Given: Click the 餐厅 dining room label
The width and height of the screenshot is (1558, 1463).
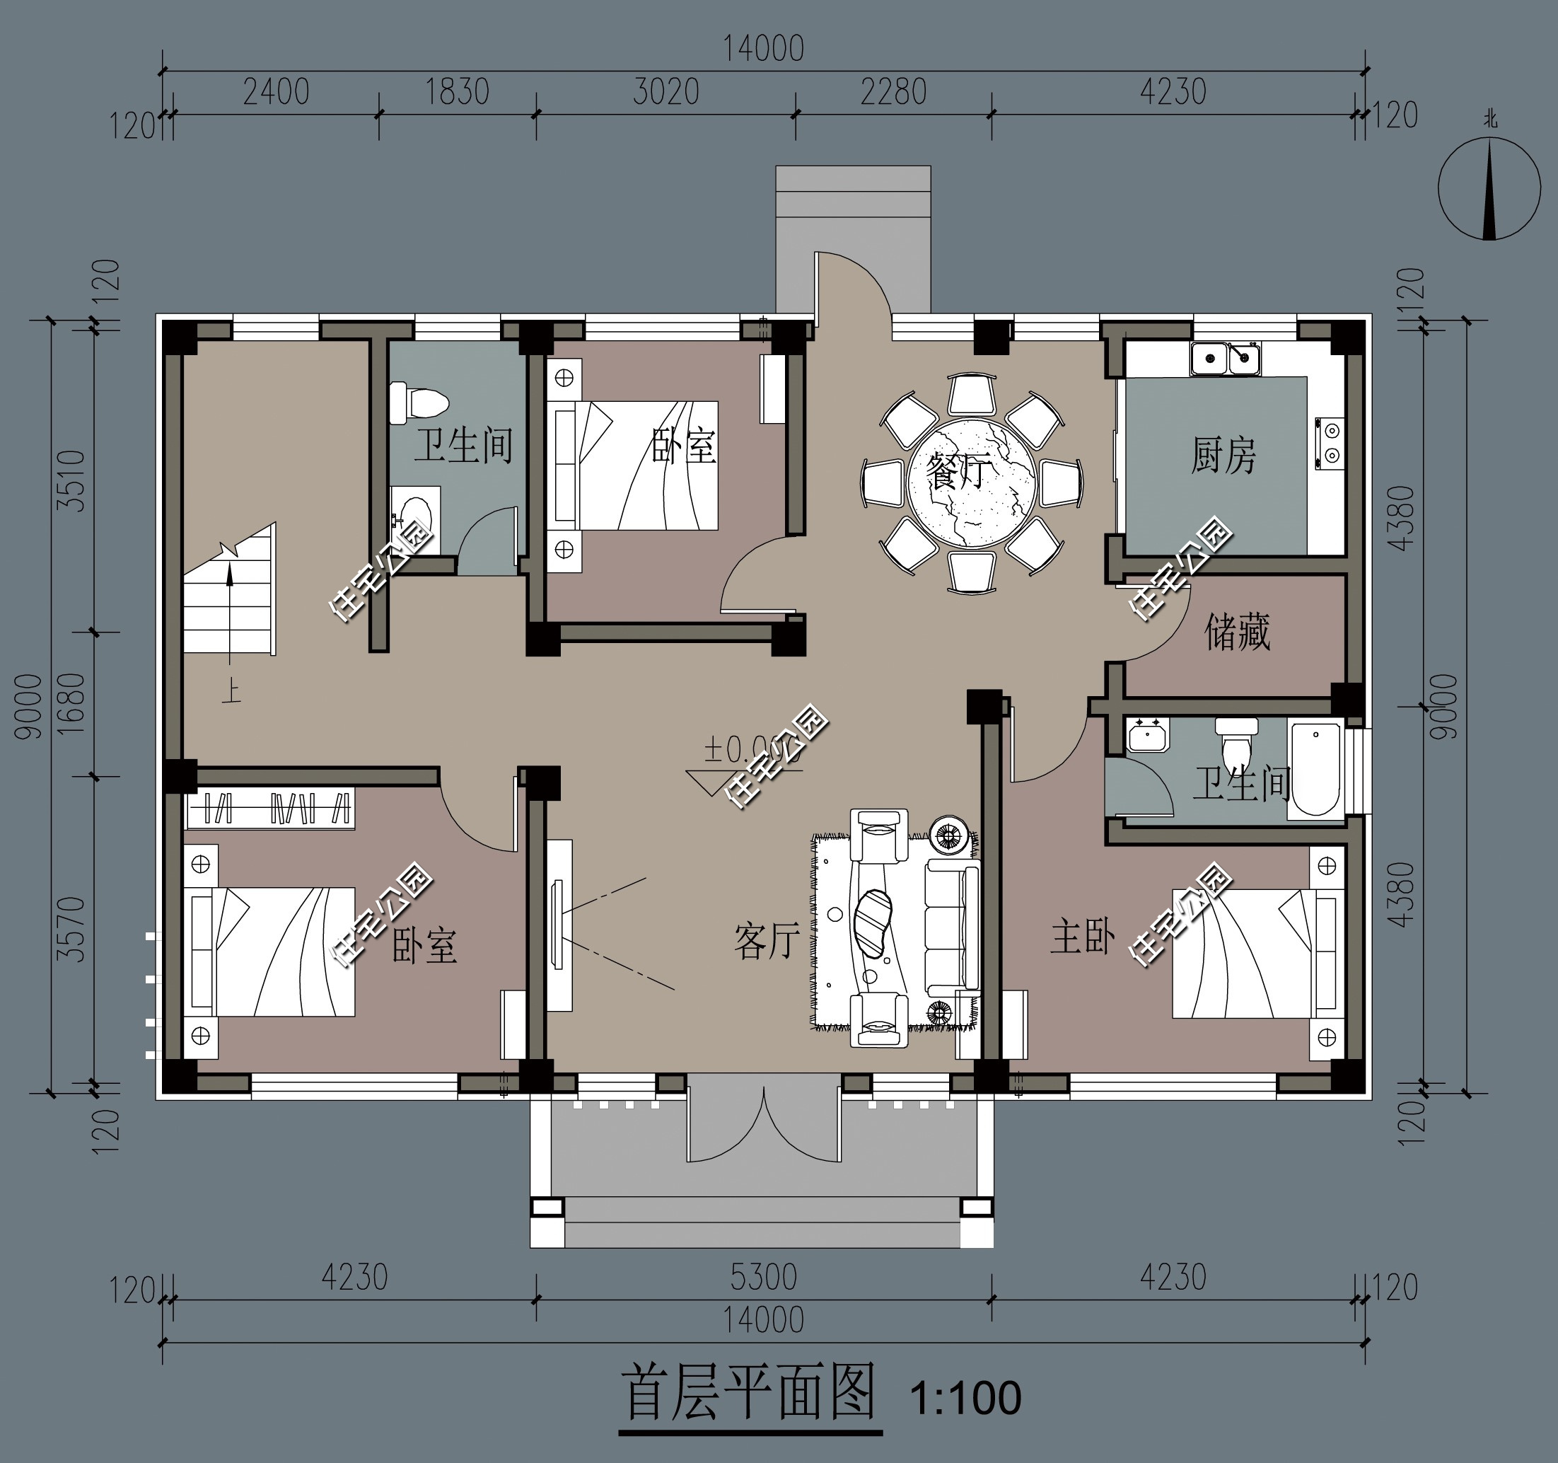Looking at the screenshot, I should (x=958, y=471).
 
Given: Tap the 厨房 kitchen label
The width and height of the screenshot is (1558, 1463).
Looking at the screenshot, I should (x=1223, y=456).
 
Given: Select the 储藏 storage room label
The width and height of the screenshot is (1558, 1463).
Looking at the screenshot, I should (x=1237, y=632).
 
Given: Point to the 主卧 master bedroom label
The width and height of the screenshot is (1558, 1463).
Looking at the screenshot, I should (x=1082, y=937).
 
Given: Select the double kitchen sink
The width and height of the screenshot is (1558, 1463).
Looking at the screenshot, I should (x=1225, y=359).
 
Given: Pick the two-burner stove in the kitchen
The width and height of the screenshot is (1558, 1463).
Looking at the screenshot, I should (x=1331, y=443).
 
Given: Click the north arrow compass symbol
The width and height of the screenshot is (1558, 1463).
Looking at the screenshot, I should (x=1489, y=188).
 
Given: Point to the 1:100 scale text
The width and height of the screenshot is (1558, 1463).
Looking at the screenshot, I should (x=965, y=1398).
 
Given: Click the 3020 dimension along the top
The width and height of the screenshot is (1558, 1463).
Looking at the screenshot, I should (x=665, y=93).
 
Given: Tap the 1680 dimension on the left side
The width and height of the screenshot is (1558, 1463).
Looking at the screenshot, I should (x=72, y=703).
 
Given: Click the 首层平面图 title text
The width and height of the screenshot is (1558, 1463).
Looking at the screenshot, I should (x=748, y=1393).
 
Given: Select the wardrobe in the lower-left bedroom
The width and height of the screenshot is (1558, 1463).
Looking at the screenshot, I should (x=270, y=809).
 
